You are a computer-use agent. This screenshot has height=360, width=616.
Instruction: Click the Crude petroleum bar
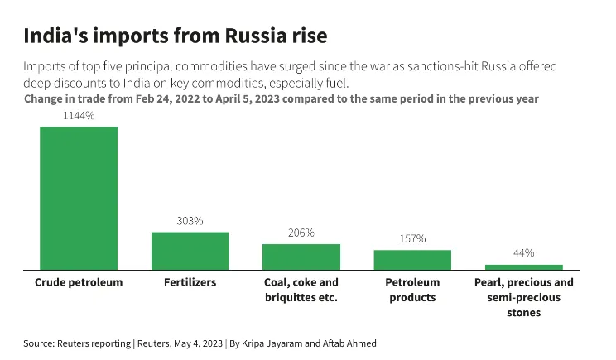(x=79, y=198)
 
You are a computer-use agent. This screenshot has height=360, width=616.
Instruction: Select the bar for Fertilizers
(x=190, y=251)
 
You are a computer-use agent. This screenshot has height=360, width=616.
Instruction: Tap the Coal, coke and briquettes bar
(x=301, y=257)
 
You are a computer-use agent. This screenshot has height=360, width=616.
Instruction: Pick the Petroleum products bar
(x=412, y=260)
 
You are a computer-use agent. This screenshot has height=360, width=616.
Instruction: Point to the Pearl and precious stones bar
(x=523, y=267)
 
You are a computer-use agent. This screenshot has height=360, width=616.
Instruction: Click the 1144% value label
(x=79, y=116)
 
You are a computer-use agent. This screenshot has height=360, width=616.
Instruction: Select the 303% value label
(x=190, y=221)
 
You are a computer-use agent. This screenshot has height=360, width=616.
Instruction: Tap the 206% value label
(x=301, y=233)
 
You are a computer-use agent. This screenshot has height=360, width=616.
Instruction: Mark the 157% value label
(x=412, y=238)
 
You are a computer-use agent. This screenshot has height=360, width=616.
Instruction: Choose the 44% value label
(x=523, y=252)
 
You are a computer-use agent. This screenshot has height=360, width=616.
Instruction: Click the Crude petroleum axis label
(x=79, y=282)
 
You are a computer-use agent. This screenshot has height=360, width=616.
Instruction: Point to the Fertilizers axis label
(x=190, y=282)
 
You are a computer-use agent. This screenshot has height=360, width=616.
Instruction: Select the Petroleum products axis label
(x=412, y=290)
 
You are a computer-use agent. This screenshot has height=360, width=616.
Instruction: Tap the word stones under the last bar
(x=523, y=313)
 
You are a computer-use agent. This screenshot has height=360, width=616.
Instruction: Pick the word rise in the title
(x=308, y=36)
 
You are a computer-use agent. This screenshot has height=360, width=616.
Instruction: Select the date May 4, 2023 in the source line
(x=192, y=343)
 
